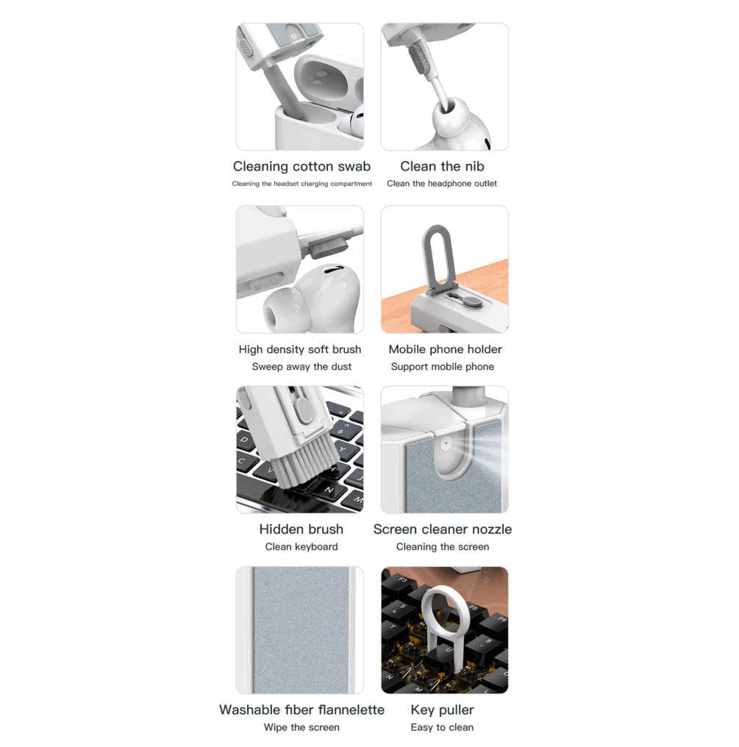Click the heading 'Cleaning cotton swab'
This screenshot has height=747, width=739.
click(x=301, y=166)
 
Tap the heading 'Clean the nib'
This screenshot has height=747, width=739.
click(x=442, y=166)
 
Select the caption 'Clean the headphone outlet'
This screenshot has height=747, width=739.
click(x=442, y=183)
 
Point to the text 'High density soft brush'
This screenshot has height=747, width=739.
click(x=300, y=350)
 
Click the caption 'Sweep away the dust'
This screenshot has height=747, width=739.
click(x=301, y=367)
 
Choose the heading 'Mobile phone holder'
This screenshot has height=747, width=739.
click(x=445, y=349)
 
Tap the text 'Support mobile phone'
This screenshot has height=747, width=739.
click(x=442, y=367)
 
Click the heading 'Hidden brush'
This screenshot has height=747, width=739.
click(x=301, y=529)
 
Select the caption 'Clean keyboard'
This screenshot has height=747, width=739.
click(x=301, y=547)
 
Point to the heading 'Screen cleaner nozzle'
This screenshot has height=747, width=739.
click(x=443, y=529)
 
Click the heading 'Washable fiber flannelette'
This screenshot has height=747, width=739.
click(x=301, y=710)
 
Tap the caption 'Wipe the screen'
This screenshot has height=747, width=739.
click(x=301, y=727)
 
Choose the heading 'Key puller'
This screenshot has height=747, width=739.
click(x=442, y=710)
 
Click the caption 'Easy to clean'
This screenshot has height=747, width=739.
click(x=442, y=727)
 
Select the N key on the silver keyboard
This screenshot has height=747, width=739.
click(x=329, y=490)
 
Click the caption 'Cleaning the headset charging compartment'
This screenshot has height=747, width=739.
click(x=301, y=183)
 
